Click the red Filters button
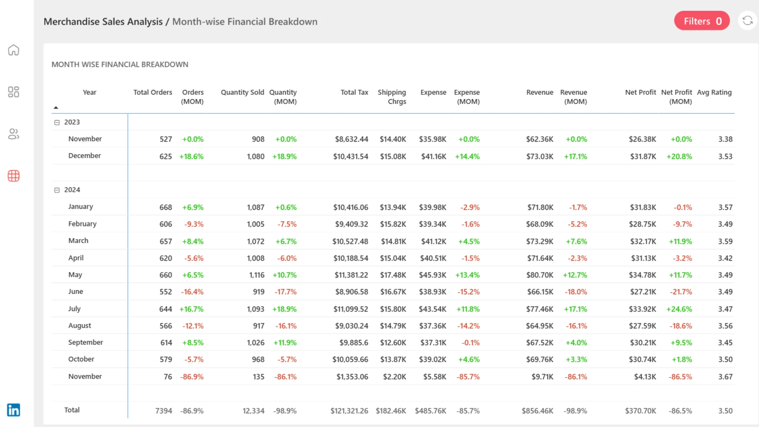pos(702,21)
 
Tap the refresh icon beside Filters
pos(748,21)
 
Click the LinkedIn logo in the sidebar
pos(13,410)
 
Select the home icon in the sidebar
pos(13,50)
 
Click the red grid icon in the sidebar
pos(13,176)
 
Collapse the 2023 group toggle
pos(57,123)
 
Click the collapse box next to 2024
pos(57,190)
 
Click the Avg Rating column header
pos(714,92)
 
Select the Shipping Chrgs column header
pos(392,96)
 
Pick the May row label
pos(75,275)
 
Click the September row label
pos(85,342)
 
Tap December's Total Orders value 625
pos(166,157)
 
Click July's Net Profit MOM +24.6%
pos(679,309)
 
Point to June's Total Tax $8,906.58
pos(351,292)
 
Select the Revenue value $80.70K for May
pos(540,275)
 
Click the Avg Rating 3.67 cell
pos(725,377)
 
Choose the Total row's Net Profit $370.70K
pos(640,411)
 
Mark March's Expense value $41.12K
pos(434,241)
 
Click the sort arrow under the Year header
pos(56,108)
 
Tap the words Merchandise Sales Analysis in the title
pos(103,22)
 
